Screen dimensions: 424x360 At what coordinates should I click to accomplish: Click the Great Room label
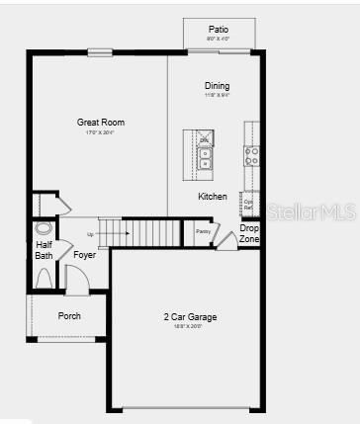(x=101, y=123)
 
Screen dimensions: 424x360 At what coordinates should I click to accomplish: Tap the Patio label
(x=219, y=30)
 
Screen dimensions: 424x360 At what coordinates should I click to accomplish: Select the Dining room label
(x=217, y=86)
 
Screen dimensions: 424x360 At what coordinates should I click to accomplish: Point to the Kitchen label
(x=213, y=197)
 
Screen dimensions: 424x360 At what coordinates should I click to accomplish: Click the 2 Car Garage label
(x=190, y=317)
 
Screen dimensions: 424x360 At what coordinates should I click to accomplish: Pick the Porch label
(x=69, y=316)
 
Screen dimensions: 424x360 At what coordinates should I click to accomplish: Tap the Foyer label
(x=85, y=255)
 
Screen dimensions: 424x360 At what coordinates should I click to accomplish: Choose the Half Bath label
(x=45, y=250)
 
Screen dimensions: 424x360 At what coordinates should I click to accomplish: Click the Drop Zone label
(x=249, y=234)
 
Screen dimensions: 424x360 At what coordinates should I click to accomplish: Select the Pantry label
(x=202, y=231)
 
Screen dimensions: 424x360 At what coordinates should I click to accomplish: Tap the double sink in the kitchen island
(x=205, y=159)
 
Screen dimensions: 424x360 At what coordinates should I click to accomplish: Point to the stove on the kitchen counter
(x=252, y=154)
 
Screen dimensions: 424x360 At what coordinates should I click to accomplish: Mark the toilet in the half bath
(x=43, y=229)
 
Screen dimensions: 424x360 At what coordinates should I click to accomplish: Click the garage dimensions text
(x=190, y=327)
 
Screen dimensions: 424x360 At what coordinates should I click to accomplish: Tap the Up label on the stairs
(x=91, y=234)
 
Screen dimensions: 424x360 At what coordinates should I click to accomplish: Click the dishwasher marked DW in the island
(x=205, y=140)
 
